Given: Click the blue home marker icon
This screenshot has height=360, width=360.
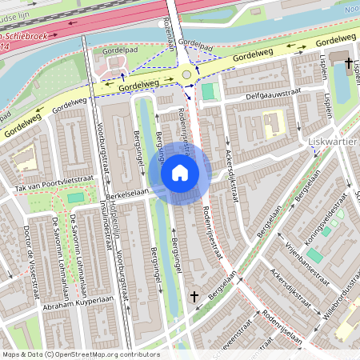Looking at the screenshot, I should point(180,173).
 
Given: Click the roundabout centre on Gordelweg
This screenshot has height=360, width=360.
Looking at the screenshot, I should point(187,74).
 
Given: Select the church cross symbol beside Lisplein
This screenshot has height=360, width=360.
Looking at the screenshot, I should point(348,62).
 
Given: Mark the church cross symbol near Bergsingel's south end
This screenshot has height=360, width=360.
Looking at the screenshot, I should point(194,297).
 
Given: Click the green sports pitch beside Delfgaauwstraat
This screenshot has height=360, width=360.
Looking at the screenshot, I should point(209,92).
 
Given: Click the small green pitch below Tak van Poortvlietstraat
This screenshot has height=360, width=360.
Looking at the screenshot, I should point(75,198).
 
